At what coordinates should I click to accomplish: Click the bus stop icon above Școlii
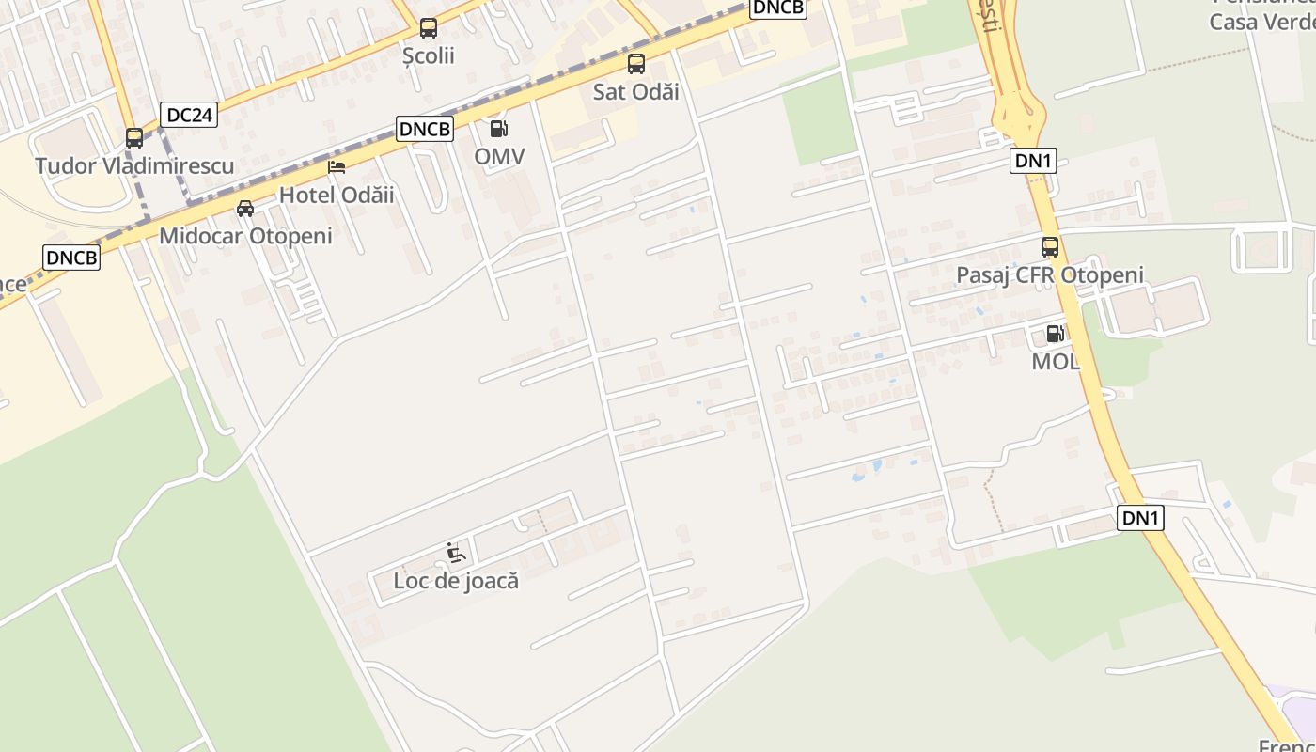point(429,28)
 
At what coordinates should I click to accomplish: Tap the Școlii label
point(429,55)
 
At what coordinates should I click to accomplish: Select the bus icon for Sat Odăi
point(636,64)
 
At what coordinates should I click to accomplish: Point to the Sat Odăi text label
point(636,91)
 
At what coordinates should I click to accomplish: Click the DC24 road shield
point(189,115)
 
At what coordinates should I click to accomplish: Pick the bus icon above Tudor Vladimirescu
point(134,138)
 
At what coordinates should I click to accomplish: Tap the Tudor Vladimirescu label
point(134,166)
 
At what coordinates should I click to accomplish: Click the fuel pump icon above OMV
point(499,129)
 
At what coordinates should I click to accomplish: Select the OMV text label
point(499,156)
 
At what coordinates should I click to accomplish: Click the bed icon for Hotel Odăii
point(337,168)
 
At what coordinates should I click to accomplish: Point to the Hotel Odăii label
point(337,196)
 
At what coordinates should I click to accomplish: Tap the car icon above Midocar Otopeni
point(245,209)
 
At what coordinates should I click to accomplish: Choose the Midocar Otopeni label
point(245,236)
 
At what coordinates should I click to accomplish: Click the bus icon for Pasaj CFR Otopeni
point(1050,247)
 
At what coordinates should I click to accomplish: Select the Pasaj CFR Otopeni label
point(1050,275)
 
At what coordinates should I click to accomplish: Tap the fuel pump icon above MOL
point(1056,334)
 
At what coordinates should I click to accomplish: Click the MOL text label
point(1056,361)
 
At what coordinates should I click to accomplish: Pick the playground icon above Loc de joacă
point(456,553)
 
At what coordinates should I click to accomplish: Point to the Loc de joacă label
point(456,581)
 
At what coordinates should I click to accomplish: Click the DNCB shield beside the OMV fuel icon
point(425,129)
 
